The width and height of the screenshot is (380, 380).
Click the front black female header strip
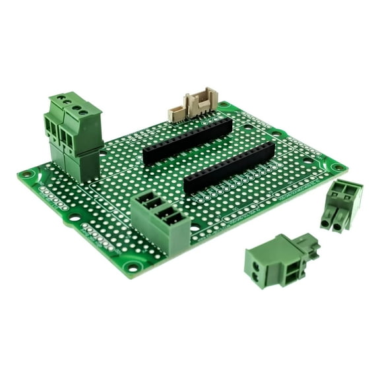(229, 168)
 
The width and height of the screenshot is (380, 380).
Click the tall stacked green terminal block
(74, 135)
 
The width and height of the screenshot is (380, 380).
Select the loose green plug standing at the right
(341, 205)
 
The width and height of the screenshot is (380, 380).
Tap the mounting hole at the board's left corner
(27, 175)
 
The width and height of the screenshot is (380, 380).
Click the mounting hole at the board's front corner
(133, 268)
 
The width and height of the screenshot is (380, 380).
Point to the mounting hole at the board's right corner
(337, 168)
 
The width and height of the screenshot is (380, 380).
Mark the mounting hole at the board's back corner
(224, 104)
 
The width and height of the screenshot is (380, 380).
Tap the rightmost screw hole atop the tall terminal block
(83, 112)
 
